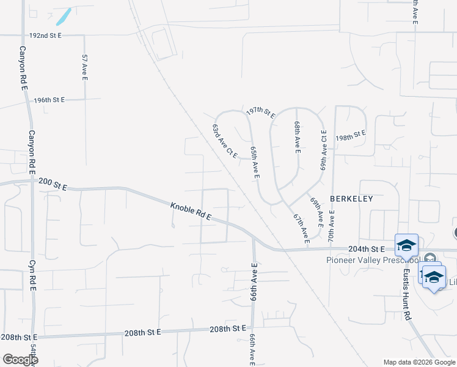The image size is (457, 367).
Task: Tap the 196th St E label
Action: click(x=49, y=100)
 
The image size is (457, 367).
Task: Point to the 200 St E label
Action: click(x=52, y=182)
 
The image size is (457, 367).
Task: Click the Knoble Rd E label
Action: click(x=191, y=212)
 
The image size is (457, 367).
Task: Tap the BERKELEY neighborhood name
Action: click(x=351, y=199)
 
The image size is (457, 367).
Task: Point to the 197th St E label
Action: click(x=261, y=112)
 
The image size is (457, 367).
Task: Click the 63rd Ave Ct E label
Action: click(x=225, y=142)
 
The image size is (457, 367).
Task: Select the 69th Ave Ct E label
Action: click(x=324, y=149)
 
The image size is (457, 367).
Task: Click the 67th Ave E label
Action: click(x=299, y=227)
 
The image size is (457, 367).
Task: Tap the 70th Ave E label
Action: click(x=332, y=227)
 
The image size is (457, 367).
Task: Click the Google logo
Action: click(x=20, y=360)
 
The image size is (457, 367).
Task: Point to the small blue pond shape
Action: click(x=64, y=16)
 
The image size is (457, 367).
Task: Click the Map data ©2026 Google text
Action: click(x=420, y=362)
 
